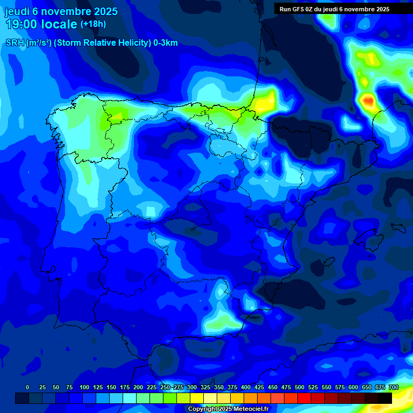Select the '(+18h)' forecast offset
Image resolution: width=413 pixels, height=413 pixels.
pyautogui.click(x=93, y=24)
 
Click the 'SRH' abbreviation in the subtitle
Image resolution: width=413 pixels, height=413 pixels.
pyautogui.click(x=15, y=43)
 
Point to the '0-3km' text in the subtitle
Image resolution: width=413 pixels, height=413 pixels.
pyautogui.click(x=166, y=43)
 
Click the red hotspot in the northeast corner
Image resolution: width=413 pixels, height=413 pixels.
pyautogui.click(x=368, y=100)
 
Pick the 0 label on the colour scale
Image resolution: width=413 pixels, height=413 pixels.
pyautogui.click(x=27, y=387)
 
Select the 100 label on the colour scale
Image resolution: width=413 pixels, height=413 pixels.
pyautogui.click(x=84, y=387)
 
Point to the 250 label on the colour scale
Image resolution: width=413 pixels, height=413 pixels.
pyautogui.click(x=165, y=387)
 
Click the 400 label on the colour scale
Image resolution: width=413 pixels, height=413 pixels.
pyautogui.click(x=246, y=387)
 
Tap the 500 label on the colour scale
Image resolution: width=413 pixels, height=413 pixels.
pyautogui.click(x=300, y=387)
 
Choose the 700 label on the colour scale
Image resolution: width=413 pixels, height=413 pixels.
pyautogui.click(x=393, y=387)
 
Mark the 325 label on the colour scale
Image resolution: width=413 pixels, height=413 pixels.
pyautogui.click(x=205, y=387)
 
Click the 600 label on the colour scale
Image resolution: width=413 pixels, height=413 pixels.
pyautogui.click(x=353, y=387)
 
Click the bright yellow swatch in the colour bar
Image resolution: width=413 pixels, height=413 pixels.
pyautogui.click(x=197, y=398)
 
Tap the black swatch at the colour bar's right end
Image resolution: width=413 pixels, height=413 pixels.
pyautogui.click(x=385, y=398)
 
